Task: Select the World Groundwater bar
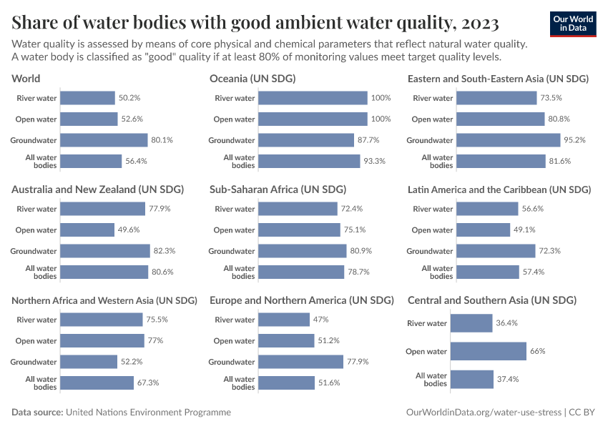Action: pos(104,140)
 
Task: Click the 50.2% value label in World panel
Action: pos(129,98)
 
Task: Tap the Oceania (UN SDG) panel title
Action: pos(252,79)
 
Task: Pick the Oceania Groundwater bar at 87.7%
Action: pos(306,140)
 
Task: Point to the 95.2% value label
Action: pos(564,140)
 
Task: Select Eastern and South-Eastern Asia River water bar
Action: pos(496,98)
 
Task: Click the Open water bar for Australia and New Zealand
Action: pos(87,230)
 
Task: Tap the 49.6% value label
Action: pos(129,230)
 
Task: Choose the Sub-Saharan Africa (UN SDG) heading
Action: pos(278,189)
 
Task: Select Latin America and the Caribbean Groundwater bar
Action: pos(496,251)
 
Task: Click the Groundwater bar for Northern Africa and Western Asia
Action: pos(89,362)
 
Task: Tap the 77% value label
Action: pos(155,341)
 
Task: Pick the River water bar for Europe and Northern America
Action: pos(284,320)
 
